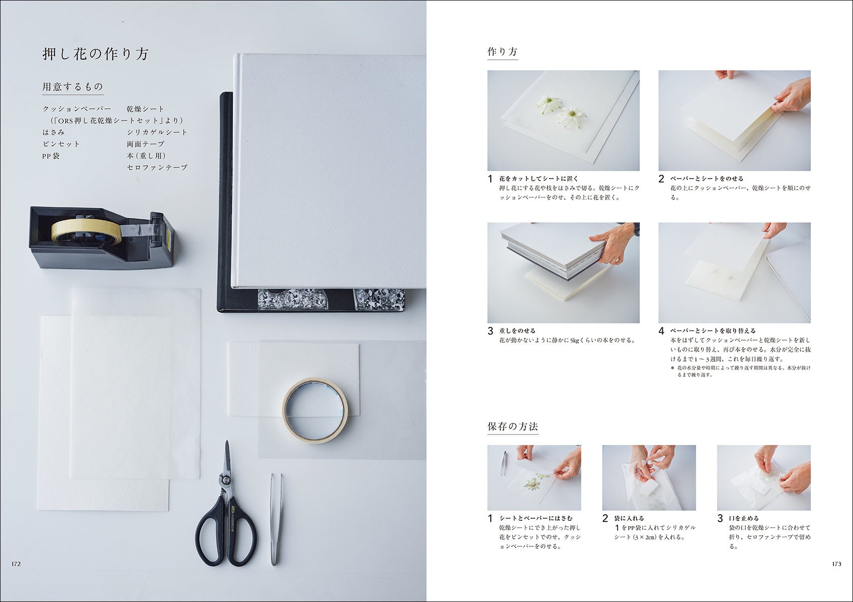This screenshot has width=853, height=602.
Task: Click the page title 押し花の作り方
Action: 95,54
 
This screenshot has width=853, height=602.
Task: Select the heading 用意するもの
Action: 73,87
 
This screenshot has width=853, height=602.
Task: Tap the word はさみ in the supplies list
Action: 54,132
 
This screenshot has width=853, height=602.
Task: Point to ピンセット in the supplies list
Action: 61,144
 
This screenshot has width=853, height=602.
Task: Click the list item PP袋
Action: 51,156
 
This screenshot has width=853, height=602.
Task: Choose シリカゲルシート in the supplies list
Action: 157,132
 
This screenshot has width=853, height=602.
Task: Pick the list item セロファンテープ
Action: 157,167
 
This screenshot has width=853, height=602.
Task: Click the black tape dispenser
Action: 101,238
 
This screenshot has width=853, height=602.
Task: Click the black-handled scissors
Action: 227,506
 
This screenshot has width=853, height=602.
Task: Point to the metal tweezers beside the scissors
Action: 276,520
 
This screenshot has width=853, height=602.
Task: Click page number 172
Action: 16,564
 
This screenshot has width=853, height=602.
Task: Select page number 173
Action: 836,564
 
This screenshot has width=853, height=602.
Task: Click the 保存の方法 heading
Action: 513,426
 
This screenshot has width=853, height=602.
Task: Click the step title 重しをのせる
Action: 517,331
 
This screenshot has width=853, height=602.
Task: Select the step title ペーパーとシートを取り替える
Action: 713,331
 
